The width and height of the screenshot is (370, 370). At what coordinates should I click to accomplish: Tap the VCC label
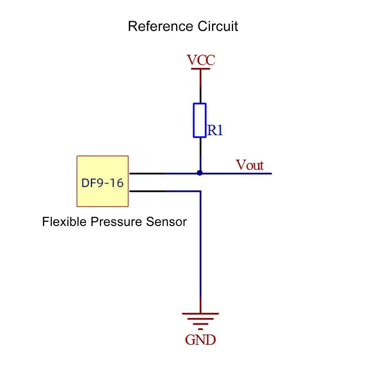click(201, 60)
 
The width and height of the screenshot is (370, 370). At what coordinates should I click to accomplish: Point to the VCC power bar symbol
click(200, 68)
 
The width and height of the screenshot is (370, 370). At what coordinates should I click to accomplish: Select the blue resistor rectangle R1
click(200, 120)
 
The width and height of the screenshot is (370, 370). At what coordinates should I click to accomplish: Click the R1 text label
click(215, 130)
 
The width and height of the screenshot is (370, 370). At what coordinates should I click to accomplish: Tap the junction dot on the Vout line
click(200, 173)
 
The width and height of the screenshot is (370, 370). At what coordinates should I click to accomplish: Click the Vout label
click(250, 165)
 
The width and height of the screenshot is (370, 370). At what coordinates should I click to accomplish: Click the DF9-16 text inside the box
click(102, 183)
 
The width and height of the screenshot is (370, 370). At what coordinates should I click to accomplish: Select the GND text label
click(200, 340)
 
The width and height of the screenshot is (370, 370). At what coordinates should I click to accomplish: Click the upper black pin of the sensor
click(147, 173)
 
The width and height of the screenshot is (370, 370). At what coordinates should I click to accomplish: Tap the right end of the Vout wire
click(270, 173)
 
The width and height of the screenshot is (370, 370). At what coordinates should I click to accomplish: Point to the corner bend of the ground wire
click(200, 191)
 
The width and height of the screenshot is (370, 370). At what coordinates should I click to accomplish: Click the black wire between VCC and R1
click(200, 95)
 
